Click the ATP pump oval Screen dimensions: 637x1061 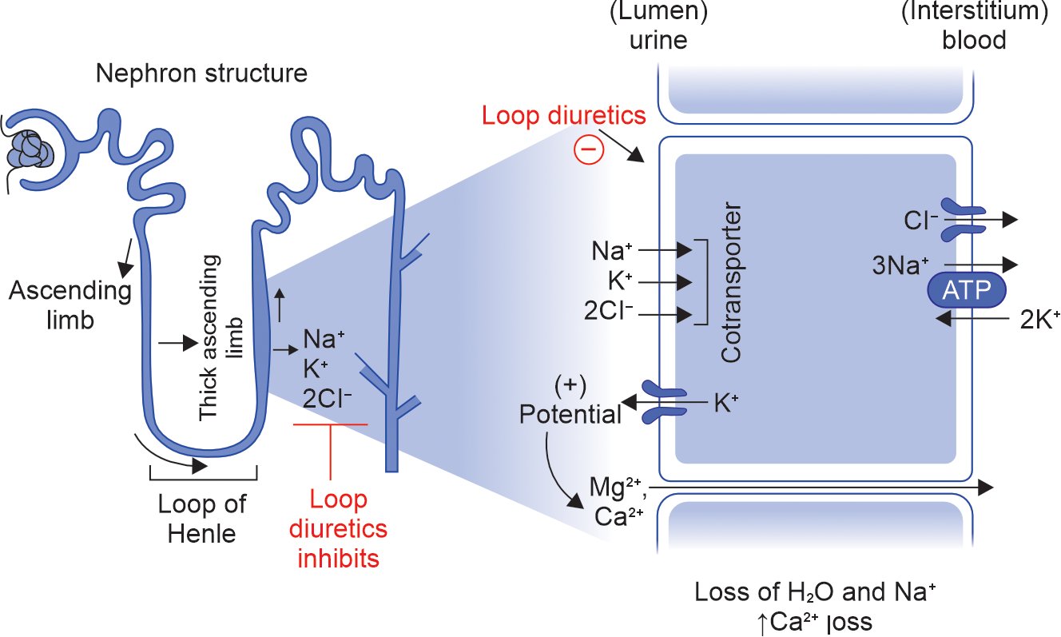pyautogui.click(x=966, y=293)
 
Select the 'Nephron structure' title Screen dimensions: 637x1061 pyautogui.click(x=201, y=74)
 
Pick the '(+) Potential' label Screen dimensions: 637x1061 pyautogui.click(x=570, y=401)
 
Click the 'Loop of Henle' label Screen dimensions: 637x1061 pyautogui.click(x=202, y=519)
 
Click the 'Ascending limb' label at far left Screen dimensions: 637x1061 pyautogui.click(x=70, y=305)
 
